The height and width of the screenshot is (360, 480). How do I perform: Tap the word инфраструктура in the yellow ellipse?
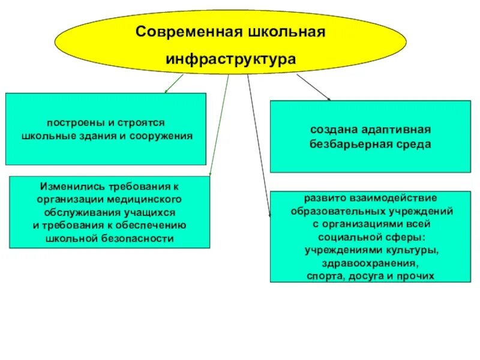(x=230, y=59)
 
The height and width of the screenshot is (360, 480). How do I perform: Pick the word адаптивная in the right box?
(x=395, y=130)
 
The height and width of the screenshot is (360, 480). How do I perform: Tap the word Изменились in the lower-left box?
(x=65, y=187)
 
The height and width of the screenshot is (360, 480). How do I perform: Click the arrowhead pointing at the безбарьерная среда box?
(x=328, y=98)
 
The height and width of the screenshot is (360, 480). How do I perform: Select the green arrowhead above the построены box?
(x=166, y=91)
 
